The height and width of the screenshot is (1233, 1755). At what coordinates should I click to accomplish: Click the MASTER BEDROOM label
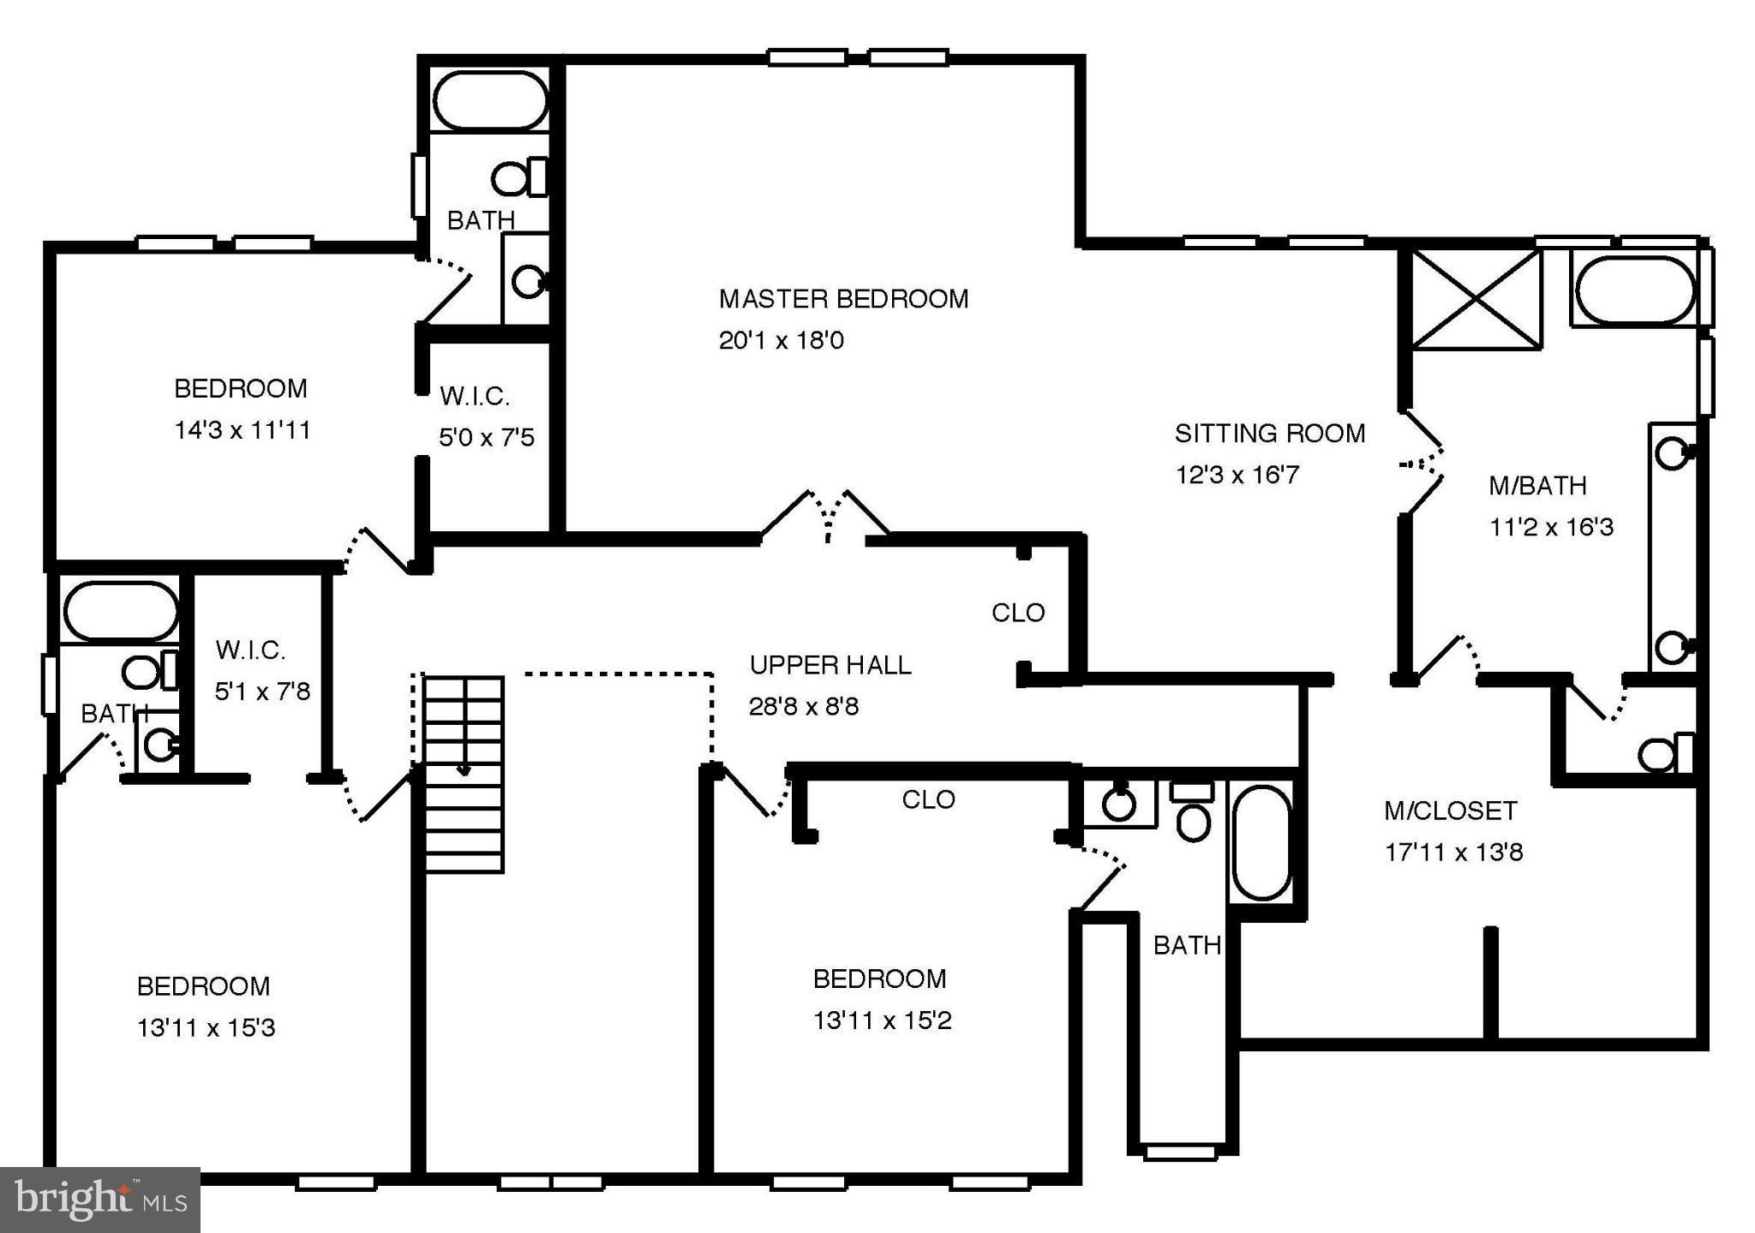point(843,299)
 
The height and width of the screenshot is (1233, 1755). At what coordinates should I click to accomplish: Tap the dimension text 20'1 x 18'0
point(781,341)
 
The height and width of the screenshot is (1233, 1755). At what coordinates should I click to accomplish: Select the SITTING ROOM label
point(1269,434)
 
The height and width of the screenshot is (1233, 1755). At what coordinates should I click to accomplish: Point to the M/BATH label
point(1537,486)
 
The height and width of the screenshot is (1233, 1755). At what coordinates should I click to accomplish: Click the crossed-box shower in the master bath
point(1476,298)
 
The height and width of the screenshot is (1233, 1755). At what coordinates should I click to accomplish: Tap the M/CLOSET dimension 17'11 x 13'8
point(1453,853)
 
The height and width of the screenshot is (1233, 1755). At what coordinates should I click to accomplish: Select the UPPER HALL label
point(830,665)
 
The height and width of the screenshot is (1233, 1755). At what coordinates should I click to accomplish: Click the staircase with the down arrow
point(464,771)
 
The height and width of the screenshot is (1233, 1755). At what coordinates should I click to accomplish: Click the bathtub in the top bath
point(489,100)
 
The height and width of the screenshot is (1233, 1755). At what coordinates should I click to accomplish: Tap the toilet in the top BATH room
point(518,178)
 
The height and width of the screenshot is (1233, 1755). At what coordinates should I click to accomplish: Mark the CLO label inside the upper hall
point(1018,613)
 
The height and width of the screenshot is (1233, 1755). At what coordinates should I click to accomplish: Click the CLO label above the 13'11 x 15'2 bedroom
point(928,799)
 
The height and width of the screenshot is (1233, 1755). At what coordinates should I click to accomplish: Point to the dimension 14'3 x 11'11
point(242,430)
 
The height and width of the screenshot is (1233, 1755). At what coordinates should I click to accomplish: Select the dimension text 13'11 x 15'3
point(206,1027)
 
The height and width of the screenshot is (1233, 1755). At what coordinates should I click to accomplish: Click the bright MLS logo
point(99,1200)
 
